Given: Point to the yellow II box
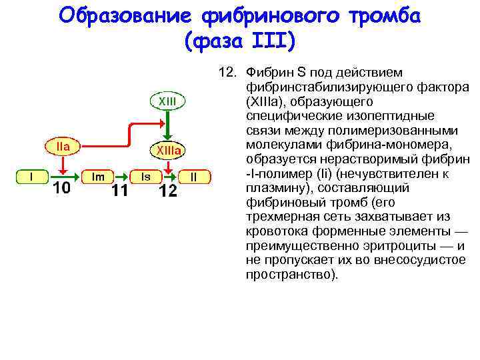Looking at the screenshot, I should [194, 177].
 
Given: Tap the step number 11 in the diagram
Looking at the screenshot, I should [121, 191].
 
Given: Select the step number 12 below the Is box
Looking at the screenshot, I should [167, 191].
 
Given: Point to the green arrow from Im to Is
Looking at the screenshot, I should [122, 177].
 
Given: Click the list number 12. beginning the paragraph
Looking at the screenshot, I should [229, 71].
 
